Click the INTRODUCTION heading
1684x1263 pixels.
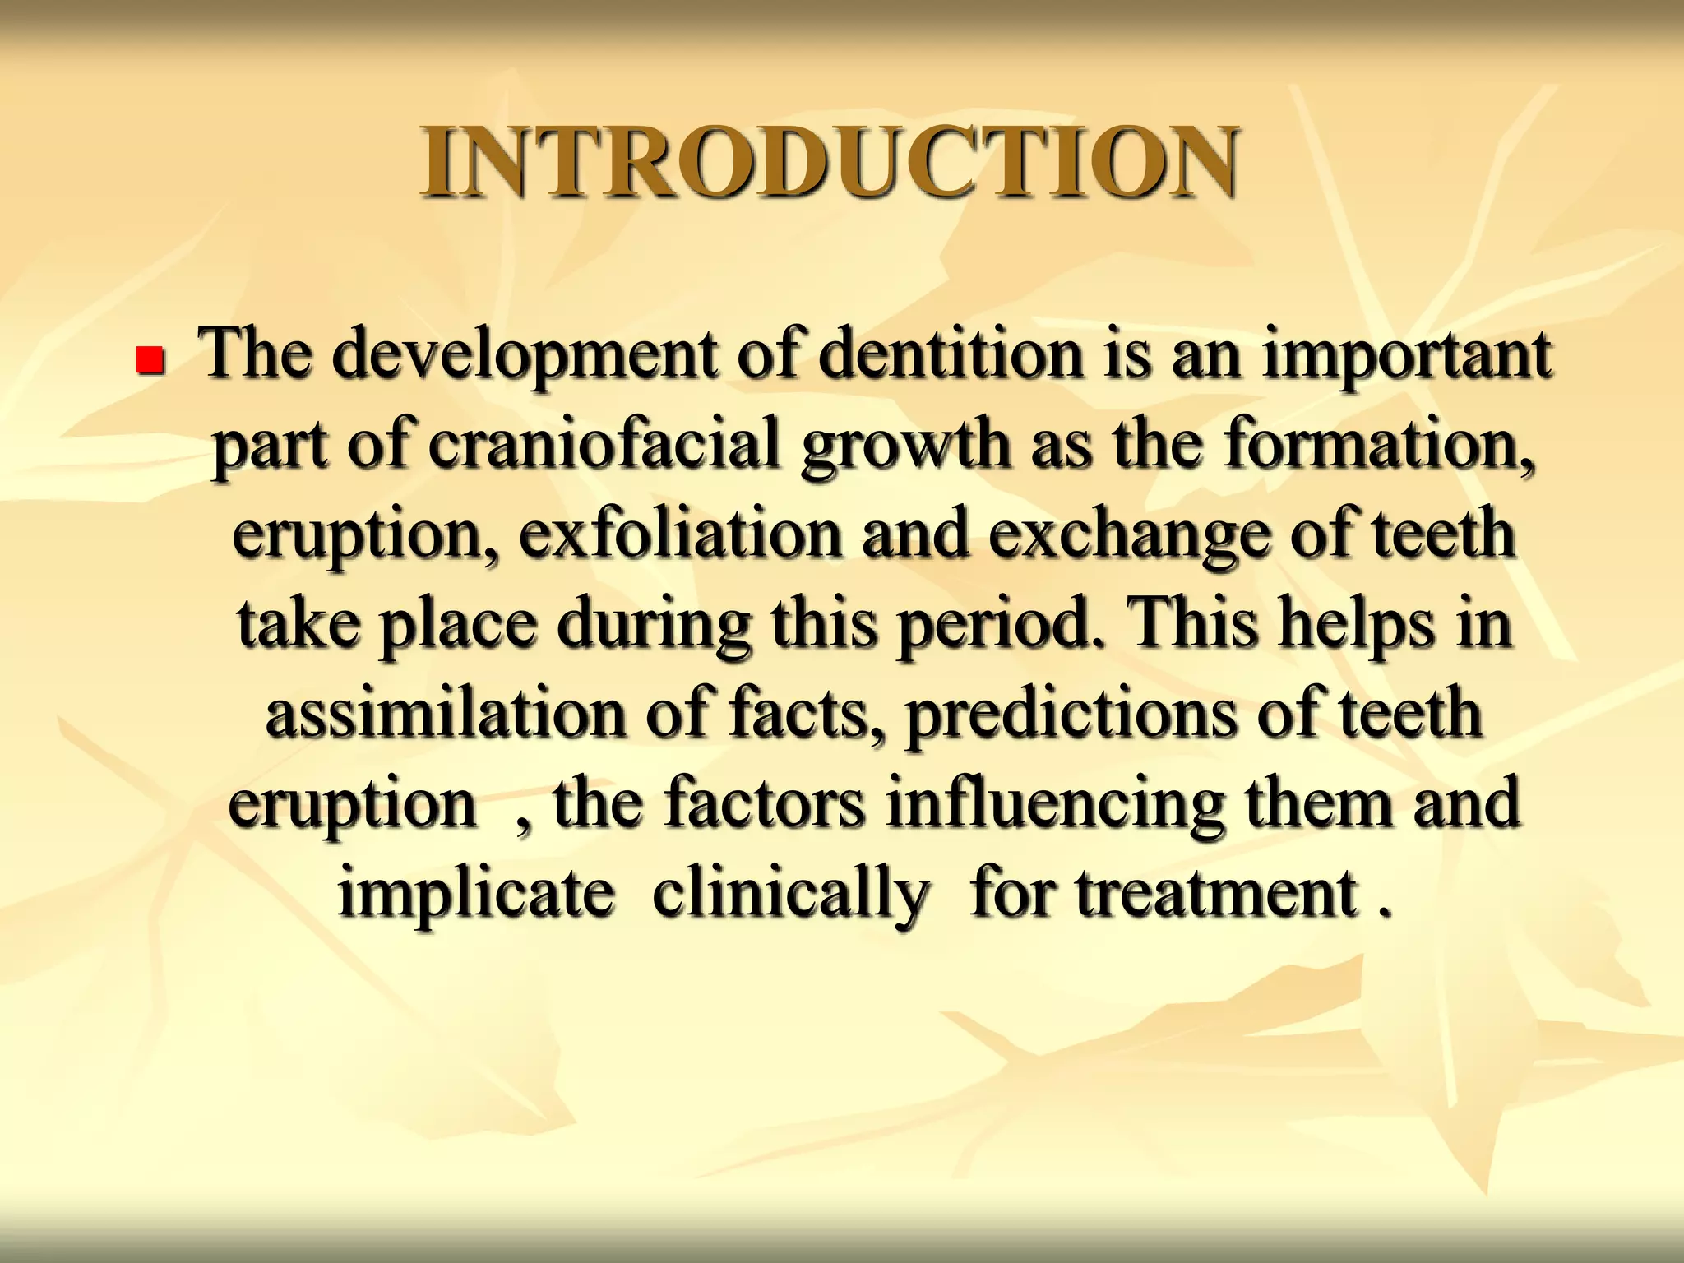pyautogui.click(x=829, y=163)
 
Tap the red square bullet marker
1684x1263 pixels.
pyautogui.click(x=150, y=360)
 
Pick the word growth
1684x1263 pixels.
pyautogui.click(x=905, y=446)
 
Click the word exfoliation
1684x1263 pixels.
pyautogui.click(x=681, y=534)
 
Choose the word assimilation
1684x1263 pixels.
pyautogui.click(x=445, y=714)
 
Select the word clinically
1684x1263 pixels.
pyautogui.click(x=790, y=895)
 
